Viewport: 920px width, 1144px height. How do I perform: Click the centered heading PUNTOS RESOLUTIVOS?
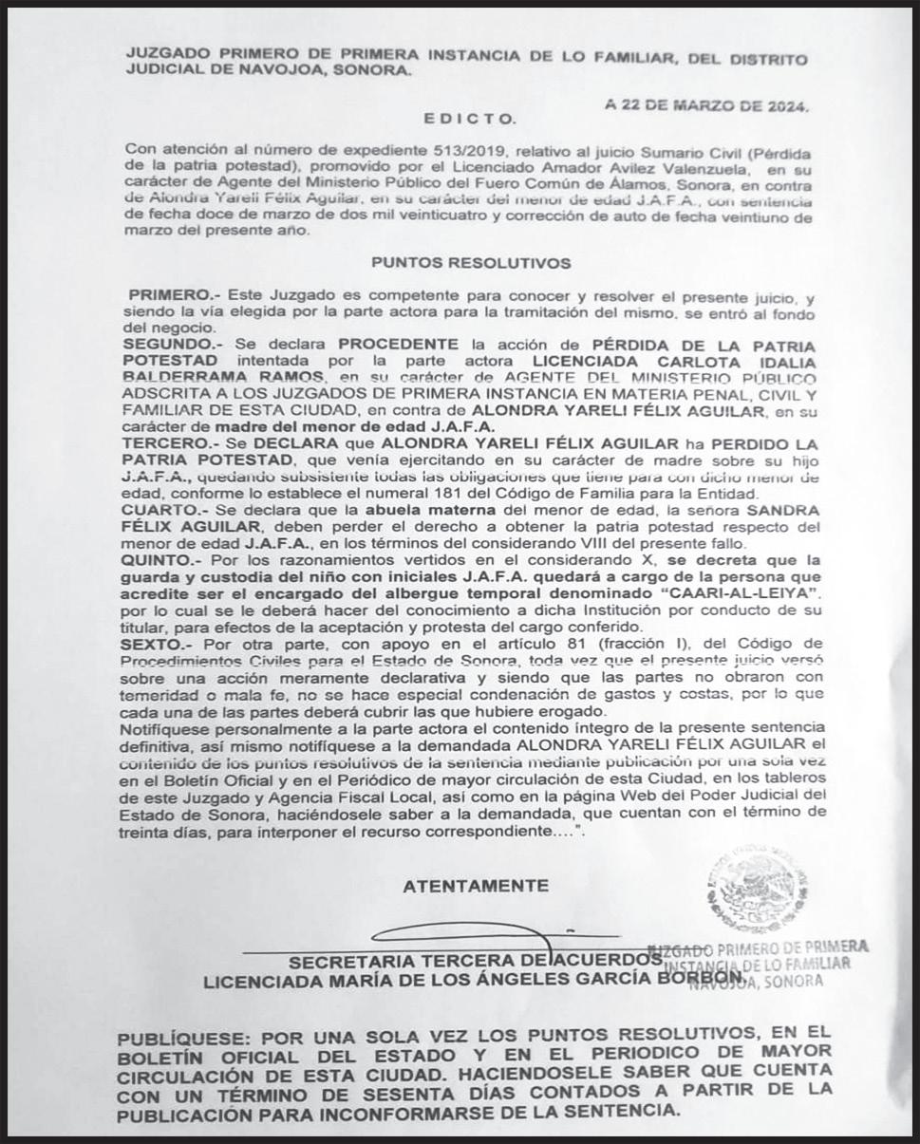(x=471, y=262)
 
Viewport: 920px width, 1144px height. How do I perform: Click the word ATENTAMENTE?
(x=476, y=886)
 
